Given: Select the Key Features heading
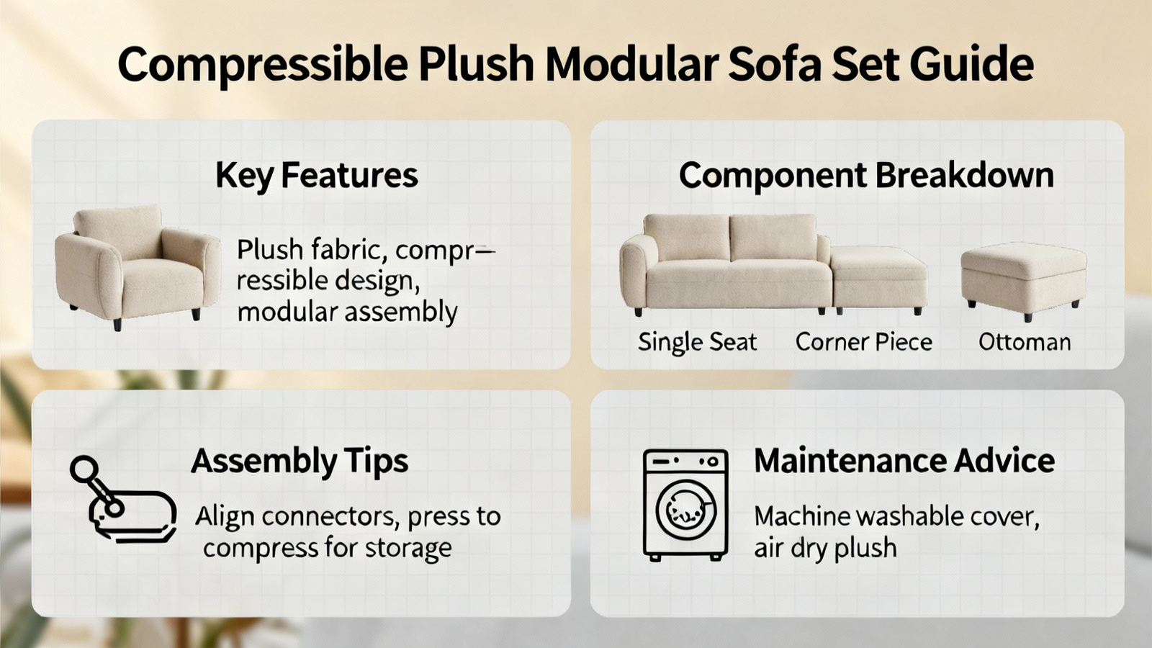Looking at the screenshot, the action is click(x=317, y=176).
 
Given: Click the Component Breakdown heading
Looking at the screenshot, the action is click(x=867, y=176).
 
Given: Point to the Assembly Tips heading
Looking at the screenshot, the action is click(x=300, y=462).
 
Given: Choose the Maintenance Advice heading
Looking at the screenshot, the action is click(x=904, y=461).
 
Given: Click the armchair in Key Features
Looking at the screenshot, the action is click(x=138, y=267).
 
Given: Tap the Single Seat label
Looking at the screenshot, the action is click(x=698, y=342).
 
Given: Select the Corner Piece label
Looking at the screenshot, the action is click(x=864, y=342).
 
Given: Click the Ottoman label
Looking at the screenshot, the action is click(x=1025, y=343).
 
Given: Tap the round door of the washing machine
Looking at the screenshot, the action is click(x=686, y=510).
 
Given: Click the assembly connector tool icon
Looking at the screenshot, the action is click(x=123, y=499).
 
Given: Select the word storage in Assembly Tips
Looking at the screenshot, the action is click(x=408, y=548).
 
